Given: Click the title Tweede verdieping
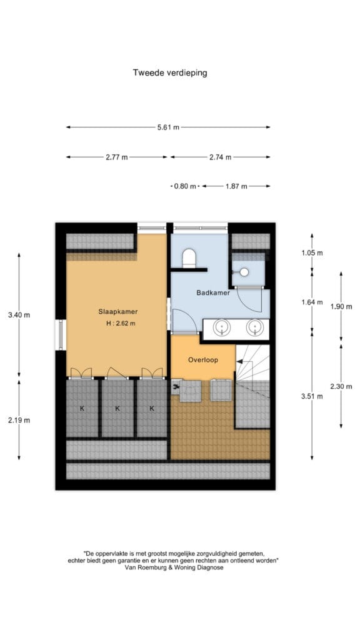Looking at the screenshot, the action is pos(170,72).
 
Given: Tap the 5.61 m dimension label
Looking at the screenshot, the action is pos(168,127).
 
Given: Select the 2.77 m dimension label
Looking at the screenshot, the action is pos(117,157).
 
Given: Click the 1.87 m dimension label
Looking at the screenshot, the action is pos(236,186).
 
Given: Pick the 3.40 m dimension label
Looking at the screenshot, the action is pos(19,315).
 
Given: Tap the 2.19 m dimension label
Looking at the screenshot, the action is pos(19,420).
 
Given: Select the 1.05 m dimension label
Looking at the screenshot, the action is pos(312,252).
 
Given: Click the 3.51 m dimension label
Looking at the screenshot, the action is pos(312,396).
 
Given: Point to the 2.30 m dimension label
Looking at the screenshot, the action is pos(341,386).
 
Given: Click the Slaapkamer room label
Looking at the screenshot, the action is pos(118,311).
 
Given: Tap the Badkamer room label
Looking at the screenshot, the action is pos(213,292).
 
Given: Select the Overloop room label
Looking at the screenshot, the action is pos(203,360).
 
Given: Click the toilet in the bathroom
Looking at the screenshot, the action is pos(189,258).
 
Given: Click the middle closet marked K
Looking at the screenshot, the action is pos(117,408).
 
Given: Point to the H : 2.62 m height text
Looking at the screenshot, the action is pos(119,324).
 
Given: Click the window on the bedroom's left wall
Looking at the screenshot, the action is pos(61,335).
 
